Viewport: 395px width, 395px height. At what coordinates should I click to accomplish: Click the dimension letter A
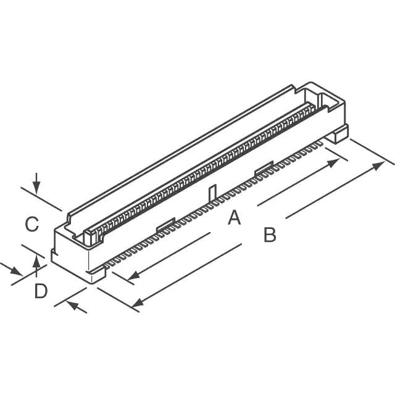click(x=233, y=217)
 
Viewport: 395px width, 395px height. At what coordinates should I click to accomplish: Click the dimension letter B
click(x=270, y=235)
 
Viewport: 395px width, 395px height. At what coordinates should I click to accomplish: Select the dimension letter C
click(x=32, y=223)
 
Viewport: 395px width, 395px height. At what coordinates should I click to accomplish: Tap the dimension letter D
click(x=40, y=291)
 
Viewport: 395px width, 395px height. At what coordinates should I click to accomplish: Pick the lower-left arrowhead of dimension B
click(x=138, y=302)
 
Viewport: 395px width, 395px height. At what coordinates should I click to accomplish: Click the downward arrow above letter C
click(x=37, y=186)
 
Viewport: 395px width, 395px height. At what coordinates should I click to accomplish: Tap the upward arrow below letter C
click(x=37, y=262)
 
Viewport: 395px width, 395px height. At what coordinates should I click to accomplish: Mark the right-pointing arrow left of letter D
click(x=16, y=272)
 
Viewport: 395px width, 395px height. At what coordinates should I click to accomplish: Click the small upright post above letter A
click(x=212, y=193)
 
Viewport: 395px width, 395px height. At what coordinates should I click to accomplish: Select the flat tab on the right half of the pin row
click(x=264, y=167)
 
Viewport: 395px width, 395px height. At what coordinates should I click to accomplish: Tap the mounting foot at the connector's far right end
click(x=338, y=134)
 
